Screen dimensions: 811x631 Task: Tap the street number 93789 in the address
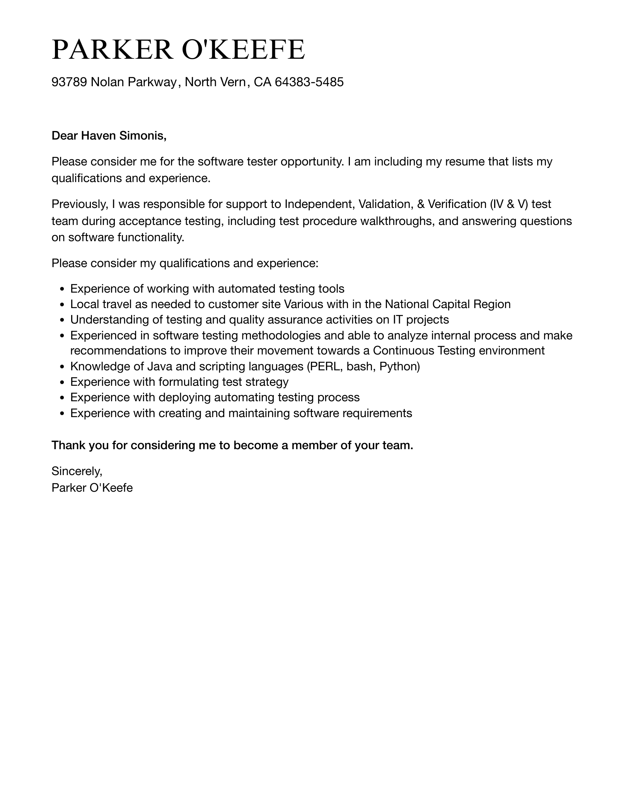pos(69,82)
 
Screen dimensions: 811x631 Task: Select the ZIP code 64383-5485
pos(309,82)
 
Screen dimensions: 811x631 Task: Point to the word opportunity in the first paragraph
pos(312,162)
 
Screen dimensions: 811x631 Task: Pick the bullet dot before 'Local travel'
pos(62,305)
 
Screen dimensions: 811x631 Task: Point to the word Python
pos(399,366)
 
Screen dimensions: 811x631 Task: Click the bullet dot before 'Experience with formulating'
pos(62,383)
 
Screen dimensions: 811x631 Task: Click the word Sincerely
pos(77,471)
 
